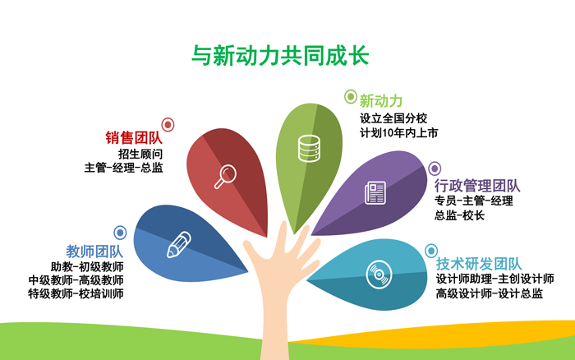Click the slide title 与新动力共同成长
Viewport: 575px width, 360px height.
click(x=280, y=55)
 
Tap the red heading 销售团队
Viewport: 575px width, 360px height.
click(x=134, y=137)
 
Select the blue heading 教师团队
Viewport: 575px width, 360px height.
click(x=94, y=252)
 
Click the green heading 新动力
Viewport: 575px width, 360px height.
click(x=380, y=100)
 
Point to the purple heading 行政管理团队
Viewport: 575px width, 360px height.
click(x=477, y=186)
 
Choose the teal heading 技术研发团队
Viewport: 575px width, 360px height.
click(x=479, y=264)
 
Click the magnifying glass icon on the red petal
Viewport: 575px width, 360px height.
click(x=225, y=177)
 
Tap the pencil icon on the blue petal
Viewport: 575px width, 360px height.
click(x=179, y=244)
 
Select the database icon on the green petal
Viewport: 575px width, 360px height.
click(x=309, y=149)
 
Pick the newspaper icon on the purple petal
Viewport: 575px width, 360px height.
click(x=375, y=192)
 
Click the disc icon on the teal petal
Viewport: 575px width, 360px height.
click(x=379, y=275)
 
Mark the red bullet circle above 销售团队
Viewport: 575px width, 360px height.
click(x=168, y=125)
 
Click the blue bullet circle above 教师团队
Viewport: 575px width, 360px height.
click(x=120, y=233)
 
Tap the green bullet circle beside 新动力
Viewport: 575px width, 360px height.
click(x=351, y=97)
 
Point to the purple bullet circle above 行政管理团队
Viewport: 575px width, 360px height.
click(x=435, y=168)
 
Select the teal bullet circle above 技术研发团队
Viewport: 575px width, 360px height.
click(x=431, y=251)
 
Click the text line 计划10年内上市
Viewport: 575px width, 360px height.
click(x=399, y=133)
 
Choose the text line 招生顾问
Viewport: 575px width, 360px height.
click(x=140, y=154)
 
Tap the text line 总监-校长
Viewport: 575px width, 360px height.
click(x=459, y=215)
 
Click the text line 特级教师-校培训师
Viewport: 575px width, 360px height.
click(x=76, y=293)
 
